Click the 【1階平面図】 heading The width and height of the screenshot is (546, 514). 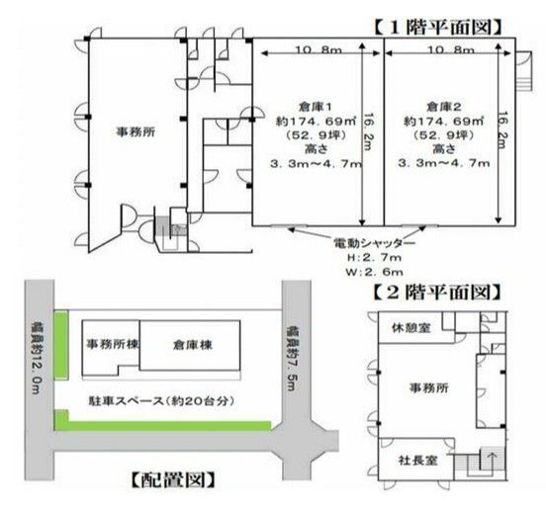(x=438, y=28)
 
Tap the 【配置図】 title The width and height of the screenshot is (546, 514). (x=173, y=480)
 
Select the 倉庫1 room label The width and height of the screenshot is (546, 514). (x=316, y=107)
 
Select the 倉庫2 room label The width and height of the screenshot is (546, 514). (x=444, y=107)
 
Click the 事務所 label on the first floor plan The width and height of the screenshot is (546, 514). (x=136, y=131)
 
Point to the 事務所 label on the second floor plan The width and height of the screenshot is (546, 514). (x=428, y=387)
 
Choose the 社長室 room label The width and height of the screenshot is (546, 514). (x=417, y=461)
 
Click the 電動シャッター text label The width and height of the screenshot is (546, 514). (x=374, y=243)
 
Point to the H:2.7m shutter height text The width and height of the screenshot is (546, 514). (x=374, y=258)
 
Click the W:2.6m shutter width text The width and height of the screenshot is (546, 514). (x=374, y=272)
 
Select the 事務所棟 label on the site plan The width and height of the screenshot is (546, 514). (x=112, y=344)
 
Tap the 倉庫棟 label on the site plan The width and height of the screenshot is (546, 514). (x=192, y=345)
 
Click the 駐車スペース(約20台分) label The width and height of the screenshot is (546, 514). (x=161, y=401)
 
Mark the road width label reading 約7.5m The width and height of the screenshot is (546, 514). (x=291, y=358)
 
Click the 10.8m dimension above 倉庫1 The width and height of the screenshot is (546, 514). (x=318, y=49)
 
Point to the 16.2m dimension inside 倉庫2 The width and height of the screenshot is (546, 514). (x=502, y=130)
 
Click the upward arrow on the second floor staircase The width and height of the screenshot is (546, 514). (x=493, y=460)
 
